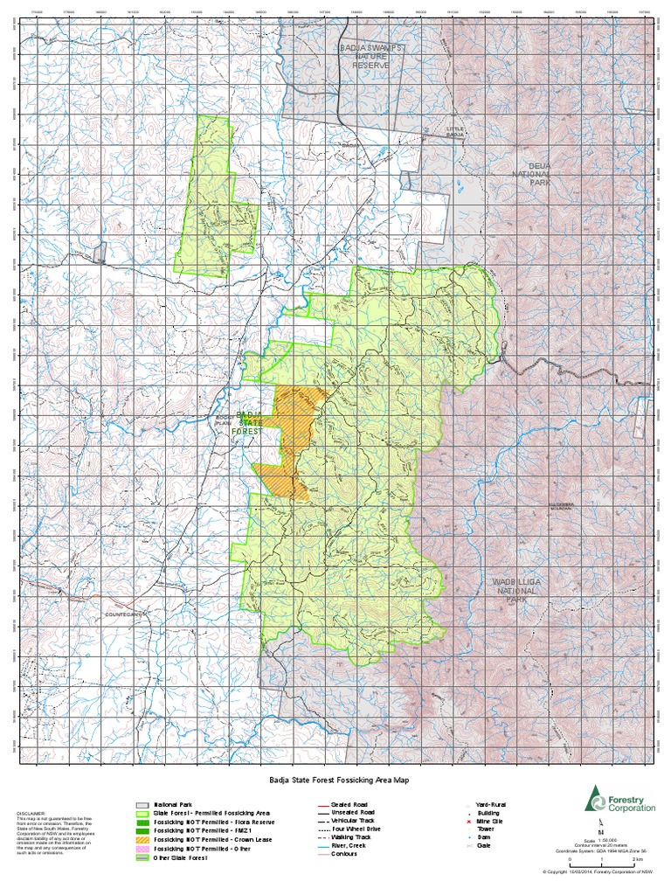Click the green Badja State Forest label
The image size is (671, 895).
pos(249,425)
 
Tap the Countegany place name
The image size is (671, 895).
pos(123,614)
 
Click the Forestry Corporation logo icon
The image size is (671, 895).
pos(596,798)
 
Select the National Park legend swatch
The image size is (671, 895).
pos(142,804)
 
